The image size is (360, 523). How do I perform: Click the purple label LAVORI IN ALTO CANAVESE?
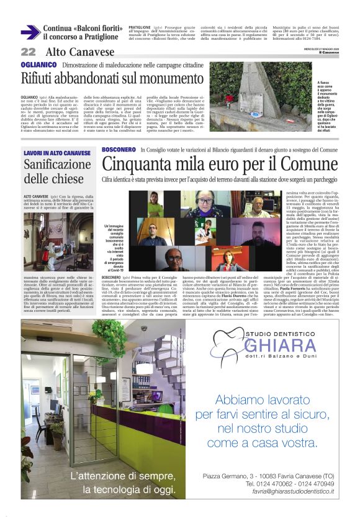click(57, 153)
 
